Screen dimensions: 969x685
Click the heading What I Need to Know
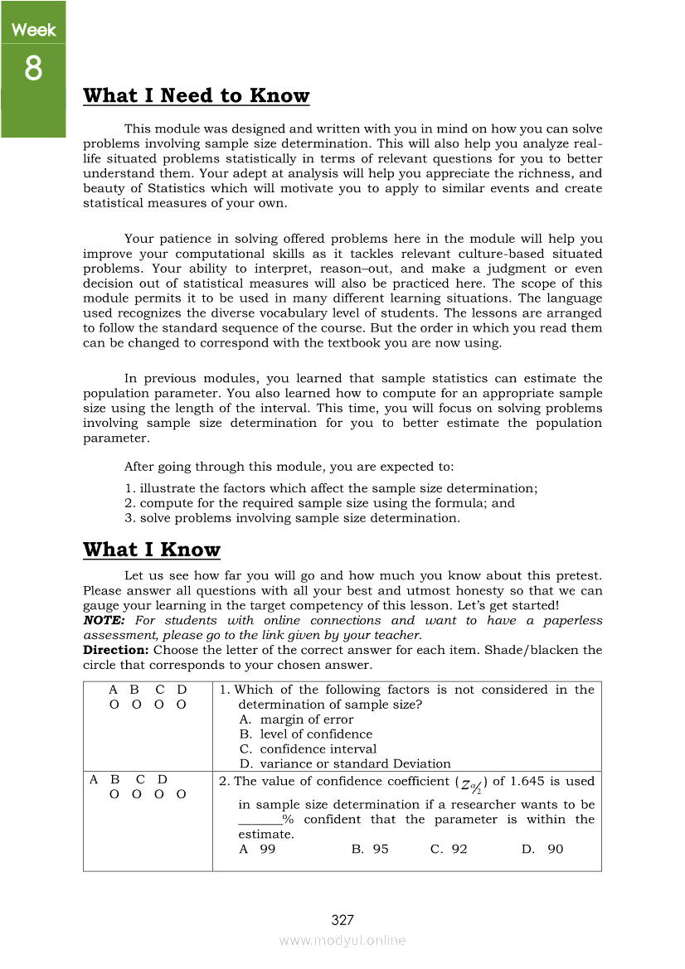pyautogui.click(x=197, y=96)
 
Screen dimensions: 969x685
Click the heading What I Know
pyautogui.click(x=152, y=550)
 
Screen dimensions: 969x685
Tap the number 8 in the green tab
pyautogui.click(x=32, y=69)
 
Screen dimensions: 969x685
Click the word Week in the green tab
pyautogui.click(x=33, y=31)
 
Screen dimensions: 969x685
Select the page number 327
pyautogui.click(x=342, y=920)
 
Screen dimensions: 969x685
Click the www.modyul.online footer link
pyautogui.click(x=342, y=941)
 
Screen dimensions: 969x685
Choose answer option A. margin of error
pyautogui.click(x=296, y=719)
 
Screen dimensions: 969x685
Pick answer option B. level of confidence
pyautogui.click(x=305, y=734)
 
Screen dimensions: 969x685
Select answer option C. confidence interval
pyautogui.click(x=307, y=749)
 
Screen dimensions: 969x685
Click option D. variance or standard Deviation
pyautogui.click(x=345, y=764)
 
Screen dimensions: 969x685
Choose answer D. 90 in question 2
pyautogui.click(x=543, y=850)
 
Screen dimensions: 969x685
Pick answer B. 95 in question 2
pyautogui.click(x=370, y=850)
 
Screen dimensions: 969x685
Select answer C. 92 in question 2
pyautogui.click(x=449, y=850)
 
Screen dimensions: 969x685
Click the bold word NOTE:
pyautogui.click(x=104, y=621)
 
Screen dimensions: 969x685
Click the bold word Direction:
pyautogui.click(x=116, y=651)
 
